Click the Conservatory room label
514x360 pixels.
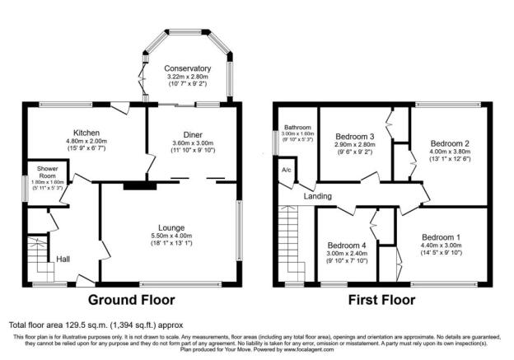pyautogui.click(x=187, y=68)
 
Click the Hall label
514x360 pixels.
pyautogui.click(x=63, y=259)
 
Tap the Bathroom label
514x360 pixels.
pyautogui.click(x=297, y=128)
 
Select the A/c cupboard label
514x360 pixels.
pyautogui.click(x=287, y=170)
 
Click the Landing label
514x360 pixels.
pyautogui.click(x=318, y=196)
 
